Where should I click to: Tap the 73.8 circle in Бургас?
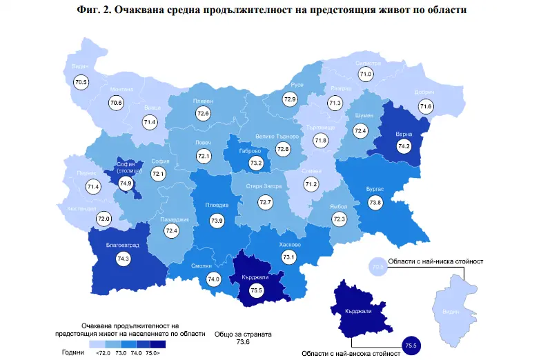tap(375, 203)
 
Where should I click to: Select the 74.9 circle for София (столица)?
tap(126, 183)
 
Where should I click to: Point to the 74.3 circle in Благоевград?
tap(124, 259)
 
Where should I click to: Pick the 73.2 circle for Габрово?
tap(257, 163)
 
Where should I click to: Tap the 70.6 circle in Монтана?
tap(116, 103)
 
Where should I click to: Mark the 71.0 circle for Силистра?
tap(365, 74)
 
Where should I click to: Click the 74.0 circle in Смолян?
tap(213, 279)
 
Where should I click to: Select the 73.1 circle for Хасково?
tap(288, 257)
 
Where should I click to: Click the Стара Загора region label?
tap(266, 186)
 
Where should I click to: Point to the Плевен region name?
tap(204, 101)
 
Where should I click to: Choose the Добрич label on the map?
tap(424, 92)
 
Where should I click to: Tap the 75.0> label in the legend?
tap(153, 352)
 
